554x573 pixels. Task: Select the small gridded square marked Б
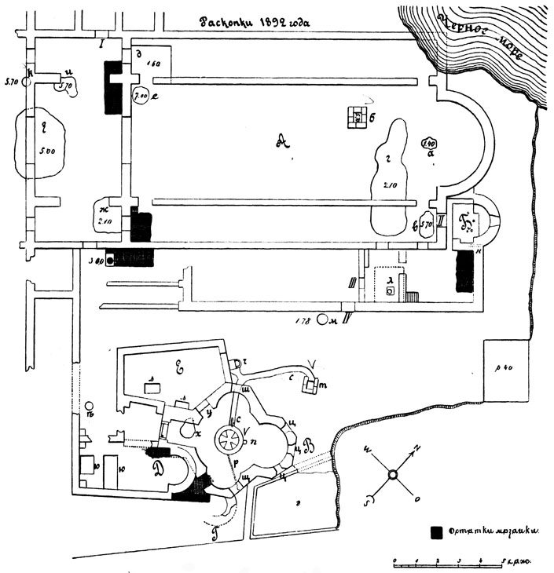(x=357, y=118)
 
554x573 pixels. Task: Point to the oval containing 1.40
(x=430, y=144)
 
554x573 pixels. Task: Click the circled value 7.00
(x=141, y=97)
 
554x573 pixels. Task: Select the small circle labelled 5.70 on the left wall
(x=28, y=80)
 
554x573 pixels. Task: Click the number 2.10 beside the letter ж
(x=105, y=222)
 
